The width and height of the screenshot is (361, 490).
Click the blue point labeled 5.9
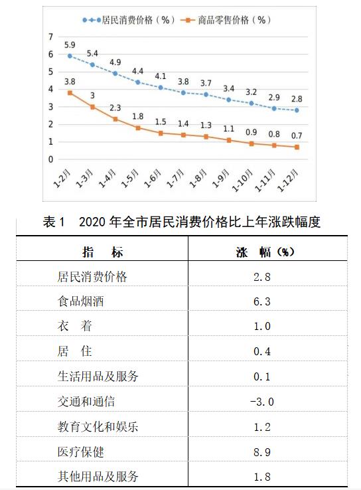pyautogui.click(x=70, y=56)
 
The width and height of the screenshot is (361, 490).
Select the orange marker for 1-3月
pyautogui.click(x=92, y=107)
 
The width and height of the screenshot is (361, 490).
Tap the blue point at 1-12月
pyautogui.click(x=297, y=110)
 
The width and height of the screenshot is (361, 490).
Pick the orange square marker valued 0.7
pyautogui.click(x=297, y=147)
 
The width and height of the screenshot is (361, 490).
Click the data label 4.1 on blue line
pyautogui.click(x=161, y=76)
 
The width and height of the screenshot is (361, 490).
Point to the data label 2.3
pyautogui.click(x=115, y=108)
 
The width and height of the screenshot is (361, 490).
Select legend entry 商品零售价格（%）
pyautogui.click(x=226, y=21)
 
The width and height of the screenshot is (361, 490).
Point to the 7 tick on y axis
pyautogui.click(x=50, y=37)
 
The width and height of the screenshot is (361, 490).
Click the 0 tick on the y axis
pyautogui.click(x=50, y=159)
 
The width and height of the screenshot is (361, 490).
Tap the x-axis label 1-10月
pyautogui.click(x=242, y=180)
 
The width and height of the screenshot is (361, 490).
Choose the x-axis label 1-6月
pyautogui.click(x=153, y=178)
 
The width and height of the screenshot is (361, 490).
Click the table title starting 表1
pyautogui.click(x=182, y=222)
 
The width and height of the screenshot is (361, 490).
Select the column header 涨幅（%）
pyautogui.click(x=265, y=252)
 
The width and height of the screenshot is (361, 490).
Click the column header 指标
pyautogui.click(x=103, y=252)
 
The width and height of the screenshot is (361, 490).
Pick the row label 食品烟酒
pyautogui.click(x=80, y=301)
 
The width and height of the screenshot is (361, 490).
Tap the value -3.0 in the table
pyautogui.click(x=262, y=402)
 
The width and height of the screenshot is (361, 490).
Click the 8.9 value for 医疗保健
pyautogui.click(x=262, y=452)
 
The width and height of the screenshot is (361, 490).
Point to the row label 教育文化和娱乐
pyautogui.click(x=98, y=426)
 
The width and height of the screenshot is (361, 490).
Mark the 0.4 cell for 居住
pyautogui.click(x=262, y=351)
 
